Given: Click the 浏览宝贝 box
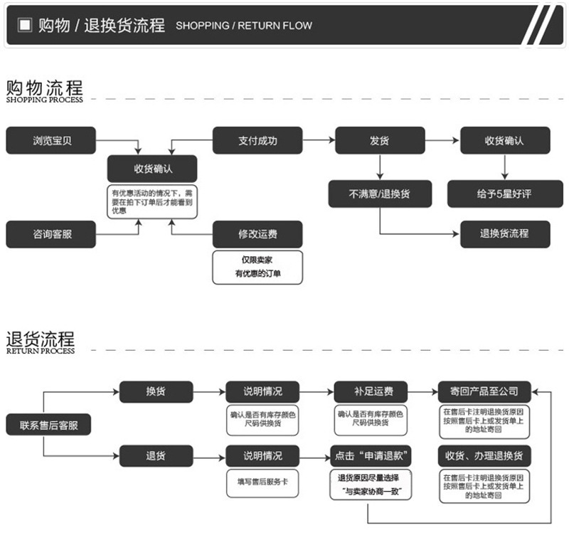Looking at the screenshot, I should click(x=51, y=141).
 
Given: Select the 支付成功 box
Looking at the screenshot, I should click(x=257, y=141).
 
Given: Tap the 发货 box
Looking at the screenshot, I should click(x=380, y=141).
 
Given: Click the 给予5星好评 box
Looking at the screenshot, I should click(x=505, y=194).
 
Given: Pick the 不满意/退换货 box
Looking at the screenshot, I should click(x=380, y=194).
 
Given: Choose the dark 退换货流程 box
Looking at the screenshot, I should click(x=505, y=233).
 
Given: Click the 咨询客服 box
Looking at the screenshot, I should click(x=51, y=234).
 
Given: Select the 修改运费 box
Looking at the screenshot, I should click(x=257, y=234).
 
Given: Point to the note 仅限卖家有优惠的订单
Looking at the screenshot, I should click(x=257, y=267).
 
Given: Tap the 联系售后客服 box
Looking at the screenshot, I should click(x=48, y=425).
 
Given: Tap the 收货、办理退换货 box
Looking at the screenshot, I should click(x=484, y=456).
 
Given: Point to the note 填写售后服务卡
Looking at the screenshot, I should click(x=262, y=482).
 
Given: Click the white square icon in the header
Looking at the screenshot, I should click(x=25, y=26).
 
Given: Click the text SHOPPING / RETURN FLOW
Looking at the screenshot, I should click(x=243, y=26).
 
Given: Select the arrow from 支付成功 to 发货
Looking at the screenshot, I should click(x=318, y=141).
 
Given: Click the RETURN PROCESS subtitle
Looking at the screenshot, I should click(x=41, y=351).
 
